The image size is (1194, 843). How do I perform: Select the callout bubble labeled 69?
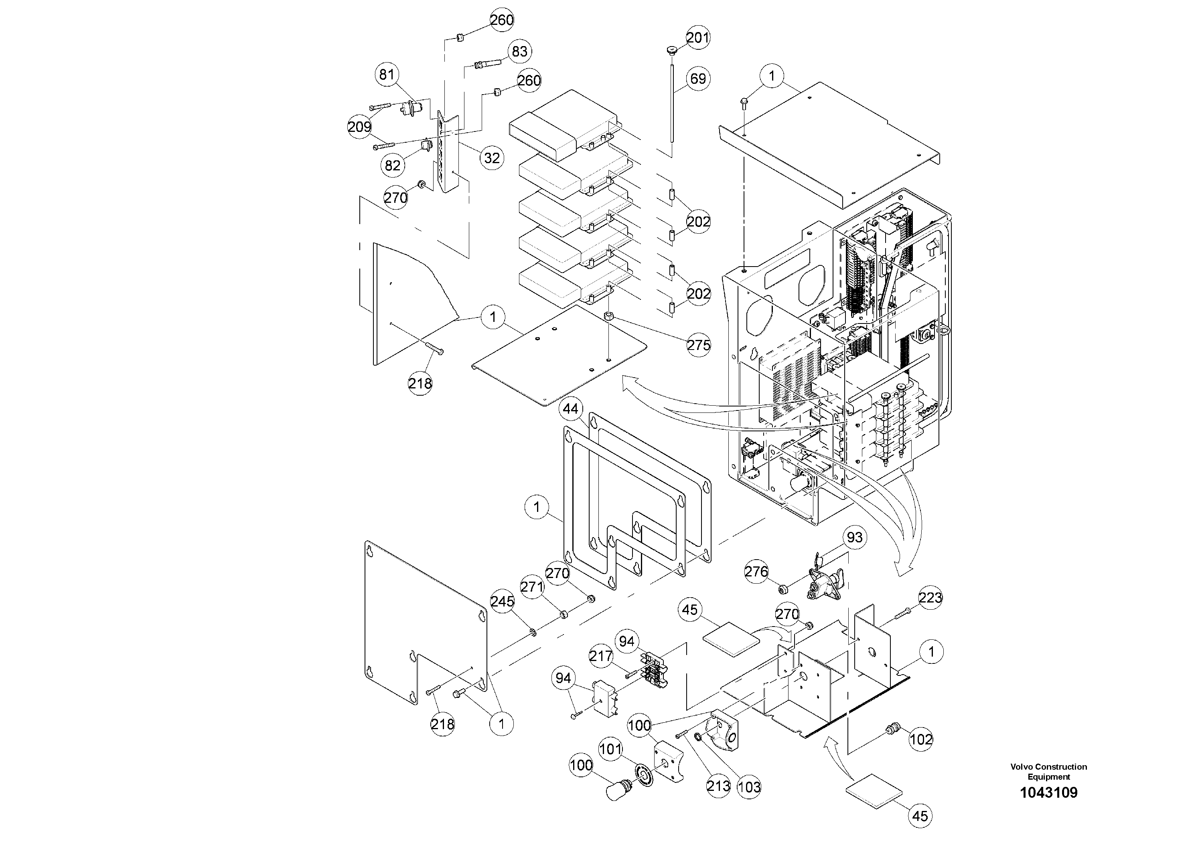point(697,79)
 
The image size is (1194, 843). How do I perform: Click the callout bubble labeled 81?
point(386,75)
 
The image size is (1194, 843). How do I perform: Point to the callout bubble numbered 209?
point(359,127)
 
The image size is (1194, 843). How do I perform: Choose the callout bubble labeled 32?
point(491,158)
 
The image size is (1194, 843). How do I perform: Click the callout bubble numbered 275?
point(698,345)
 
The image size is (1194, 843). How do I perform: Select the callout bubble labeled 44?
point(570,410)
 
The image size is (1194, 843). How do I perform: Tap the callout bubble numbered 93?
point(854,538)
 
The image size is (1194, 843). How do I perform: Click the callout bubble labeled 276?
point(756,572)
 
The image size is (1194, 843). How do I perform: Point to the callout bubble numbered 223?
point(930,598)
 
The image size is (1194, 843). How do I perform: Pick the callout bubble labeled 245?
point(503,601)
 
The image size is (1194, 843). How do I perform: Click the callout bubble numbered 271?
point(531,587)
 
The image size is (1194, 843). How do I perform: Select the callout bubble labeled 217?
point(601,657)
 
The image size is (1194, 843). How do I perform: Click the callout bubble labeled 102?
point(921,739)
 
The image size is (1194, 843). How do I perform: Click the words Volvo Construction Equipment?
point(1048,771)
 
